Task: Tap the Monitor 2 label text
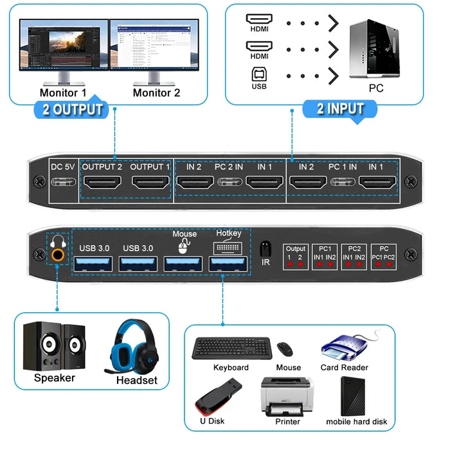[x=156, y=93]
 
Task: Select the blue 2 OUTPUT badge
[x=72, y=109]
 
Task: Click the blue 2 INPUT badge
[x=340, y=108]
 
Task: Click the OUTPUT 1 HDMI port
[x=150, y=182]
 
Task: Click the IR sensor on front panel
[x=264, y=249]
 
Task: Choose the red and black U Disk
[x=218, y=396]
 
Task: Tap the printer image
[x=287, y=395]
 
